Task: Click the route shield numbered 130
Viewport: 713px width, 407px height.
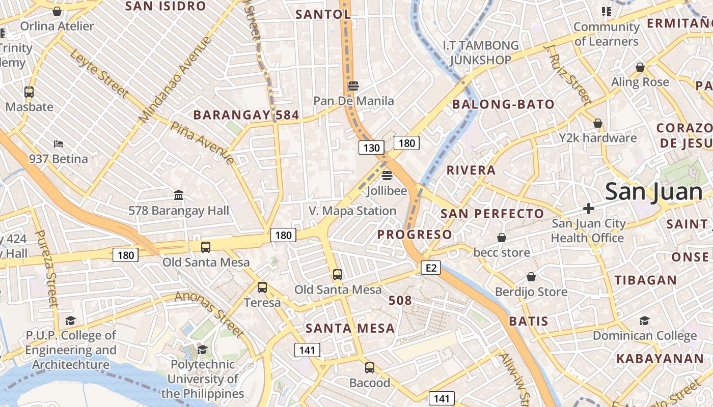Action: click(372, 148)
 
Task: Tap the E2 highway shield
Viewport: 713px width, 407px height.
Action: click(430, 268)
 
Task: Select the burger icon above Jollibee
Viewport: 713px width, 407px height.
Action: click(387, 176)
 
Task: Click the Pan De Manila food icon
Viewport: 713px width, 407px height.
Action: click(353, 85)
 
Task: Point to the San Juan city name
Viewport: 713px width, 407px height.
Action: click(654, 191)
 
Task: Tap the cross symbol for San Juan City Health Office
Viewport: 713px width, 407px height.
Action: click(589, 208)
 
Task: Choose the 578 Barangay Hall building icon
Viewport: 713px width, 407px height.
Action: click(179, 195)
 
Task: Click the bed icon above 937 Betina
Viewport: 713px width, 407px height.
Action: click(59, 144)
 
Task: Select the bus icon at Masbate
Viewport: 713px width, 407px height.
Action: click(29, 92)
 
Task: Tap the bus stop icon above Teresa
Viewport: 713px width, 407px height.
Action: click(262, 287)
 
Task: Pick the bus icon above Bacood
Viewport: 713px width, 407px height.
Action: click(370, 367)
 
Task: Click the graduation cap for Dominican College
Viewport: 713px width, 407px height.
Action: click(644, 321)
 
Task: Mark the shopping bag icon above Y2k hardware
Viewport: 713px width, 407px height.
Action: click(598, 123)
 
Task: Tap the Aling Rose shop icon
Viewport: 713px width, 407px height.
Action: click(640, 67)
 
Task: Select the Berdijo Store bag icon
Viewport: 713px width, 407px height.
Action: click(531, 277)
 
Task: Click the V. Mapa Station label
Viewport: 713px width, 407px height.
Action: click(352, 211)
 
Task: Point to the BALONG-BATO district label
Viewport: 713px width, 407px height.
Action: click(503, 105)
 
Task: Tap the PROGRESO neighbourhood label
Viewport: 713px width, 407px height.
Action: click(415, 235)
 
